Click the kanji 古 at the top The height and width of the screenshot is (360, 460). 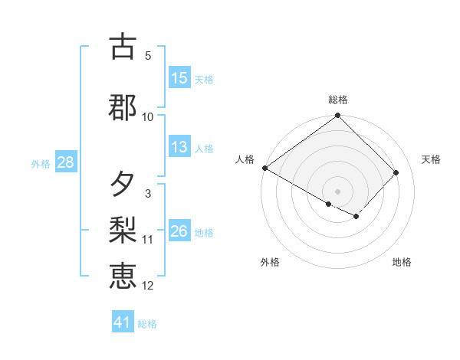(x=123, y=47)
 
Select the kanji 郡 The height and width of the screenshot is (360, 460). (x=123, y=107)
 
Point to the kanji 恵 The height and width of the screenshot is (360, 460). (x=123, y=275)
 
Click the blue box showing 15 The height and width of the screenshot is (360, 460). (x=179, y=78)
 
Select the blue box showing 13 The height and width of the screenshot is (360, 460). (x=179, y=148)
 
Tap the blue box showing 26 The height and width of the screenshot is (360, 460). (x=179, y=232)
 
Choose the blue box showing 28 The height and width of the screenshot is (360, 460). (x=65, y=163)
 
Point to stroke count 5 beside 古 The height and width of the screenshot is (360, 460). (x=148, y=56)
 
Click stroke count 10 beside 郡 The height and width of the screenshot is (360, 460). (x=148, y=116)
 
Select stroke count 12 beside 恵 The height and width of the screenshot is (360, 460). (x=148, y=286)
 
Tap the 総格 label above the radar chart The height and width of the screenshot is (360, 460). (x=338, y=100)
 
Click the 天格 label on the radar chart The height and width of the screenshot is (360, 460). (x=431, y=159)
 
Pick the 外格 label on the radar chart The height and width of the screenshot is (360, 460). (x=270, y=263)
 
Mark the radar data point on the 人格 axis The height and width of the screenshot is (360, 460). (x=264, y=168)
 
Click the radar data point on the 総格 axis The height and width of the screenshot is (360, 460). (x=338, y=116)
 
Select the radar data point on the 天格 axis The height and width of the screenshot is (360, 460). (x=396, y=172)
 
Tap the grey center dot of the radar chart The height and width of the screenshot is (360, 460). (x=338, y=191)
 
